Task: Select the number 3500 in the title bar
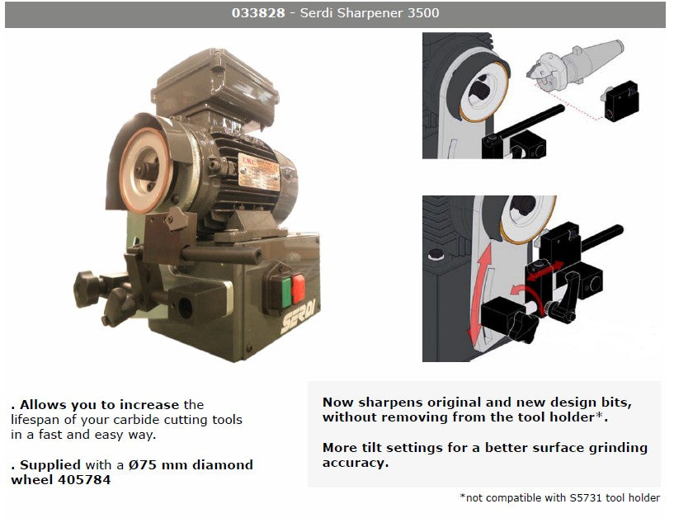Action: [422, 14]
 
